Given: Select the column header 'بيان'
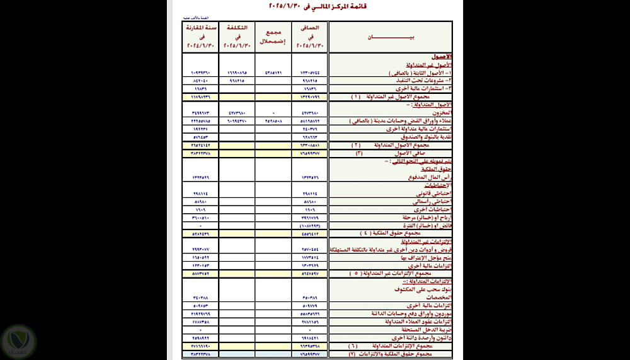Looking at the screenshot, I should click(x=391, y=37).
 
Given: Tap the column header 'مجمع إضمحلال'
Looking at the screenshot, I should click(x=273, y=37).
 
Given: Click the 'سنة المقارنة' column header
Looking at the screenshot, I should click(x=200, y=37).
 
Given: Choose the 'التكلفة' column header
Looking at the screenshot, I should click(x=236, y=37).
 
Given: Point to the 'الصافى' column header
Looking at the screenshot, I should click(x=310, y=37).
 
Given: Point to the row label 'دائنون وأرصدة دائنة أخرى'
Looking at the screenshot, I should click(x=418, y=337).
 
